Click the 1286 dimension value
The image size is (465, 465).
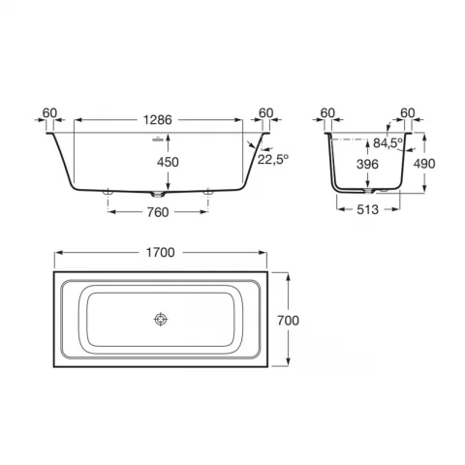158,120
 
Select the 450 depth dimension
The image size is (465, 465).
168,162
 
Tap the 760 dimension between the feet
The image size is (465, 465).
158,212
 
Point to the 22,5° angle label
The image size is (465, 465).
273,159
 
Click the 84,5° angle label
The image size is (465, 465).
388,142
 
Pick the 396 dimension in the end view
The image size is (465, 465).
367,165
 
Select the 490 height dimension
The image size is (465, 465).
424,164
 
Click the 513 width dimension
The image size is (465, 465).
367,210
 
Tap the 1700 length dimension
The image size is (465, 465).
161,253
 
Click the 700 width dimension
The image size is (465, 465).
288,321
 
